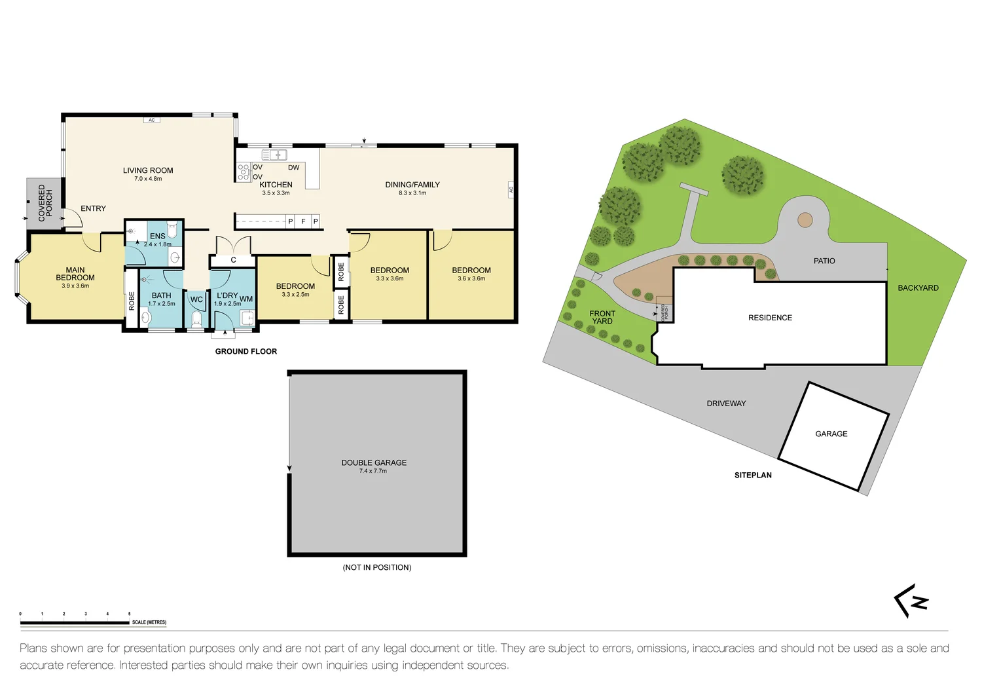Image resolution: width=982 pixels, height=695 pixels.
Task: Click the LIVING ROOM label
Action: (x=148, y=170)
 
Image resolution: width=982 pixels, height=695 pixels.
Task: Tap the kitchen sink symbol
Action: (x=274, y=155)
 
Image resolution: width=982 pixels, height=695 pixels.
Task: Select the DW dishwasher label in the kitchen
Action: (x=293, y=168)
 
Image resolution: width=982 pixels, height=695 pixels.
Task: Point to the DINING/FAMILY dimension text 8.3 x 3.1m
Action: (x=412, y=193)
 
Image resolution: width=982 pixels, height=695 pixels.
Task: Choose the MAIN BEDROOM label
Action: (x=75, y=274)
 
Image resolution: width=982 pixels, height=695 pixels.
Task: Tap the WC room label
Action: (x=196, y=300)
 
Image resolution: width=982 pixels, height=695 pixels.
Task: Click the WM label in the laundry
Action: (x=246, y=299)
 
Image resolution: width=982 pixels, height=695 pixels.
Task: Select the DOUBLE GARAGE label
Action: (x=374, y=462)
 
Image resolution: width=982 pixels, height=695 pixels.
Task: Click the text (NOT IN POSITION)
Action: (x=377, y=567)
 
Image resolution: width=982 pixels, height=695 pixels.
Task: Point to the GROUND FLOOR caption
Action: (x=246, y=352)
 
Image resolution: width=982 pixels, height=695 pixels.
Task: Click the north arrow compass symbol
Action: (x=911, y=601)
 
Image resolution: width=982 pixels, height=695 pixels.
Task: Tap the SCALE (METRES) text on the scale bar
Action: (x=149, y=622)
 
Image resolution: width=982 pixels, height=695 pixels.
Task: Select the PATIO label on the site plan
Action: (x=824, y=261)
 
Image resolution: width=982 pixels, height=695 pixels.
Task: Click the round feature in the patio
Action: (x=805, y=220)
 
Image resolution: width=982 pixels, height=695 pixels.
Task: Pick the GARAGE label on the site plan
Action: (x=831, y=434)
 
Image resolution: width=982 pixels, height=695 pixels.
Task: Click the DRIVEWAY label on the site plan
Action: (x=726, y=404)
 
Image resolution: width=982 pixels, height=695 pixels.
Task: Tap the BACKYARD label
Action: (x=918, y=288)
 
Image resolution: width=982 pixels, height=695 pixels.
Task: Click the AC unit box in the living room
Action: (x=151, y=121)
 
